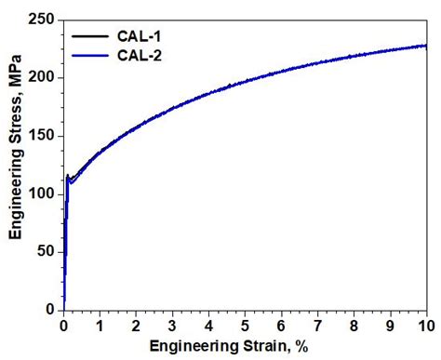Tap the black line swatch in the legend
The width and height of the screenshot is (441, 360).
coord(82,36)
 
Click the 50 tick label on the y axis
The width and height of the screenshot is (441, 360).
coord(46,251)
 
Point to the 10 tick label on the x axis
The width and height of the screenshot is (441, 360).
coord(425,325)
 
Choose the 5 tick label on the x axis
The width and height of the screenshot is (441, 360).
coord(245,325)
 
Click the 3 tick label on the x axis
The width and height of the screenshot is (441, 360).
coord(172,325)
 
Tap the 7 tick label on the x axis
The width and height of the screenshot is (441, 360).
coord(317,325)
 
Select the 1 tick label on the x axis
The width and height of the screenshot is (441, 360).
coord(100,325)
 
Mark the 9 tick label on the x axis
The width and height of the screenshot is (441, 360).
coord(390,325)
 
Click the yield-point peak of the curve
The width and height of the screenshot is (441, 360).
coord(68,175)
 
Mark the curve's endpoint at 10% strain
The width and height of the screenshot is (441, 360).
coord(426,45)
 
